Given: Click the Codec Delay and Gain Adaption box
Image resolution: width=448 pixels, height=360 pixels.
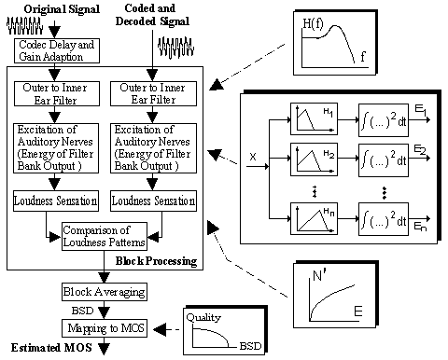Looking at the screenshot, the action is click(x=57, y=50).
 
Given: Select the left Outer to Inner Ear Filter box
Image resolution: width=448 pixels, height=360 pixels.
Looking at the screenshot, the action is click(x=57, y=93).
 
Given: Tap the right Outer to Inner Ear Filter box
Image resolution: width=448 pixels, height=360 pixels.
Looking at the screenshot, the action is click(x=154, y=93).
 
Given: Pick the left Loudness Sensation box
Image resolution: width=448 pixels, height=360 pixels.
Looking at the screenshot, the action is click(x=56, y=201).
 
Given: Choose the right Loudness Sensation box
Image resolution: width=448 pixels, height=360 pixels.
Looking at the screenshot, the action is click(x=154, y=201).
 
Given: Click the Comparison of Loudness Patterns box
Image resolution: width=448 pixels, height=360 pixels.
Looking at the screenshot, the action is click(x=105, y=236).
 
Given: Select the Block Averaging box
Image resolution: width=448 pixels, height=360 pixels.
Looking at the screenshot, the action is click(x=105, y=292).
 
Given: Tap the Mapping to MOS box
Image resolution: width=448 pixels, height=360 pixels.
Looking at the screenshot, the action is click(x=105, y=328).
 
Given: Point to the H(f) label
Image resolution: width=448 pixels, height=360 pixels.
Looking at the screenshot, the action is click(x=313, y=23).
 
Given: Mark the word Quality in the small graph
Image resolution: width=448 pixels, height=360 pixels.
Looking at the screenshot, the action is click(x=203, y=317).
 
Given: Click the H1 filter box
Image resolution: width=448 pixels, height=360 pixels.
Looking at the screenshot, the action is click(x=314, y=119).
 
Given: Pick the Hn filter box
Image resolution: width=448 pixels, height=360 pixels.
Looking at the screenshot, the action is click(x=314, y=219).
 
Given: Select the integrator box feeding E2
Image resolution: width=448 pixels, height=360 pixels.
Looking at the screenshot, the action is click(x=384, y=160).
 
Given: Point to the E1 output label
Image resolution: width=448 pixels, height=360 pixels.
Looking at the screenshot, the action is click(x=420, y=111).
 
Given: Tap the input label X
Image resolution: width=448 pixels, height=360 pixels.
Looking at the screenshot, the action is click(x=253, y=157).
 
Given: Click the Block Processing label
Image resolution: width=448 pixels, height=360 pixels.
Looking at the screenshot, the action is click(x=156, y=261).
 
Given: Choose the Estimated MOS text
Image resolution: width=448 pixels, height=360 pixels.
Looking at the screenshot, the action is click(x=51, y=348).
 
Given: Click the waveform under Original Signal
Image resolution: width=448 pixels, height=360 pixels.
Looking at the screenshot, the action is click(x=25, y=25).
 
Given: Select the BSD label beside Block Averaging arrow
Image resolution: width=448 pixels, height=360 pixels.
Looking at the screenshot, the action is click(x=82, y=311).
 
